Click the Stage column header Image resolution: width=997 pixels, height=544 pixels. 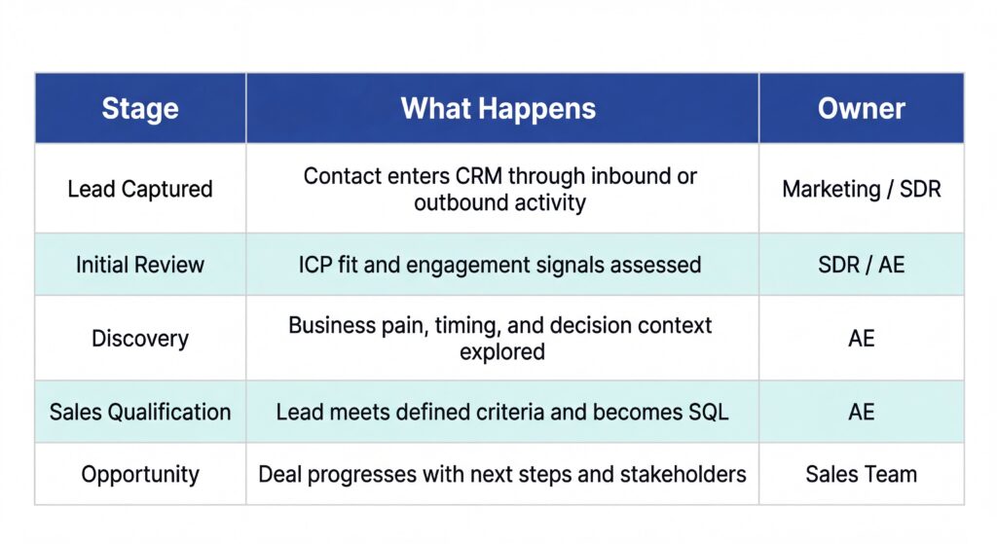click(x=140, y=108)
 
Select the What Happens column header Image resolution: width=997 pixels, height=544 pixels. click(x=498, y=108)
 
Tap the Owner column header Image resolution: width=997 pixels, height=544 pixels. click(x=862, y=108)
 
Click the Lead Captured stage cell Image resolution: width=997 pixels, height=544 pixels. click(x=140, y=189)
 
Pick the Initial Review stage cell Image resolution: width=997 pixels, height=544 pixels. click(x=140, y=265)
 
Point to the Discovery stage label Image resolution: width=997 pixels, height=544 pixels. click(x=140, y=339)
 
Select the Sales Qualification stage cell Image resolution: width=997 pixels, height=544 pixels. click(x=140, y=412)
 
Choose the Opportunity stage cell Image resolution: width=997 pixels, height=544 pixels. click(x=140, y=475)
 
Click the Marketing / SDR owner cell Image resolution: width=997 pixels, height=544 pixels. click(x=862, y=189)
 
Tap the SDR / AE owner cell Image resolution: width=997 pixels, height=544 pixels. click(x=862, y=265)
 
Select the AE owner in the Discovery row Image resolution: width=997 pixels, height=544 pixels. click(x=862, y=339)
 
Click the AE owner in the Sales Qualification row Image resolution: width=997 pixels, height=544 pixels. click(x=862, y=412)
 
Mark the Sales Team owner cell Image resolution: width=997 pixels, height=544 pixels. click(x=862, y=475)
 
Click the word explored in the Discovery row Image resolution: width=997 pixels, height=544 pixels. click(x=501, y=351)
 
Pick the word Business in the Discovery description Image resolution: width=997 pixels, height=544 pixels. click(x=327, y=325)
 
